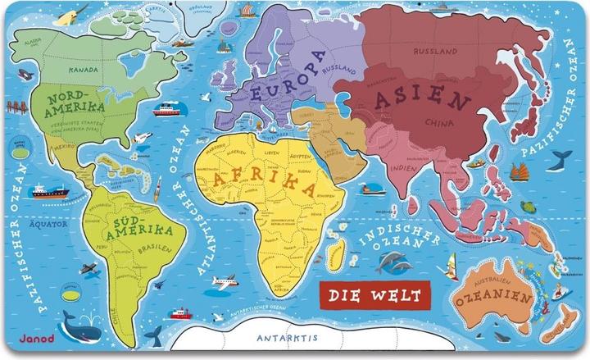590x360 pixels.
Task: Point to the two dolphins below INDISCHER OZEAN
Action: click(390, 262)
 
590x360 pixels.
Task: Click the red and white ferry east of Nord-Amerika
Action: click(167, 109)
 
